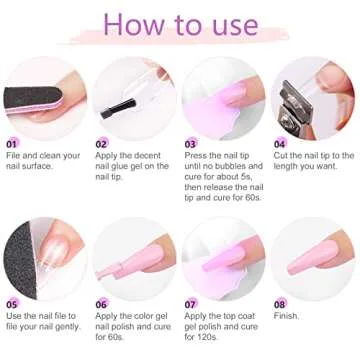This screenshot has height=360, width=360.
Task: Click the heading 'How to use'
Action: click(x=180, y=23)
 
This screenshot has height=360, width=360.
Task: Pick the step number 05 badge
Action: click(x=13, y=303)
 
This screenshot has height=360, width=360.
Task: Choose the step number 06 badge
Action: click(x=102, y=303)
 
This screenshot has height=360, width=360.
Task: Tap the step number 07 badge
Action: click(x=191, y=303)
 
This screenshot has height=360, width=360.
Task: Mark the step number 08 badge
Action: click(x=280, y=303)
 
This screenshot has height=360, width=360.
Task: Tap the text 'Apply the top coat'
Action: click(x=222, y=318)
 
